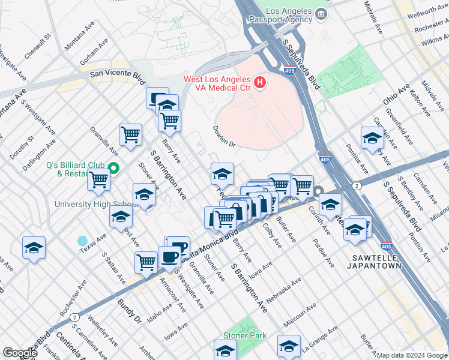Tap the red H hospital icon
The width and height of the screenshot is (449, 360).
tap(260, 83)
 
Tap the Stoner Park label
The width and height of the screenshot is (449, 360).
tap(244, 336)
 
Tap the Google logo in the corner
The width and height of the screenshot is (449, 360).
tap(20, 353)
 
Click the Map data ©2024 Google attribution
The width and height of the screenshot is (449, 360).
tap(412, 355)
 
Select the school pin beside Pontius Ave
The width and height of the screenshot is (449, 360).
tap(372, 138)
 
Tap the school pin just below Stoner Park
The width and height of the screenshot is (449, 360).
tap(225, 350)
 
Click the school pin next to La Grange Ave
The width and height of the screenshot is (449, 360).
tap(289, 346)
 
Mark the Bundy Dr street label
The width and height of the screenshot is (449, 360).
tap(128, 311)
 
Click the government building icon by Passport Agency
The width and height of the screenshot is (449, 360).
tap(324, 13)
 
